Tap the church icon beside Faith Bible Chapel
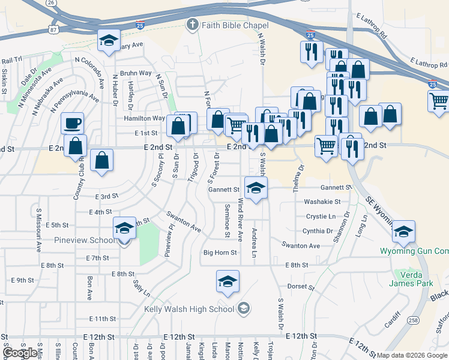coord(192,25)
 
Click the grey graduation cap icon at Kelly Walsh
coord(243,309)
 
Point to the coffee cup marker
coord(72,124)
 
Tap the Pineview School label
coord(85,240)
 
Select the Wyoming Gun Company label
coord(414,251)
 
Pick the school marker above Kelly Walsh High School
coord(228,281)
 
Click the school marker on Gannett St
coord(256,189)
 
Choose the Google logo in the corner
coord(20,353)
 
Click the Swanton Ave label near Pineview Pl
coord(183,220)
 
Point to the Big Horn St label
coord(220,253)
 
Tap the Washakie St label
coord(322,202)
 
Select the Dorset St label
coord(301,287)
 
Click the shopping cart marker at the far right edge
coord(439,101)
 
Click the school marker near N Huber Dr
coord(108,41)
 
